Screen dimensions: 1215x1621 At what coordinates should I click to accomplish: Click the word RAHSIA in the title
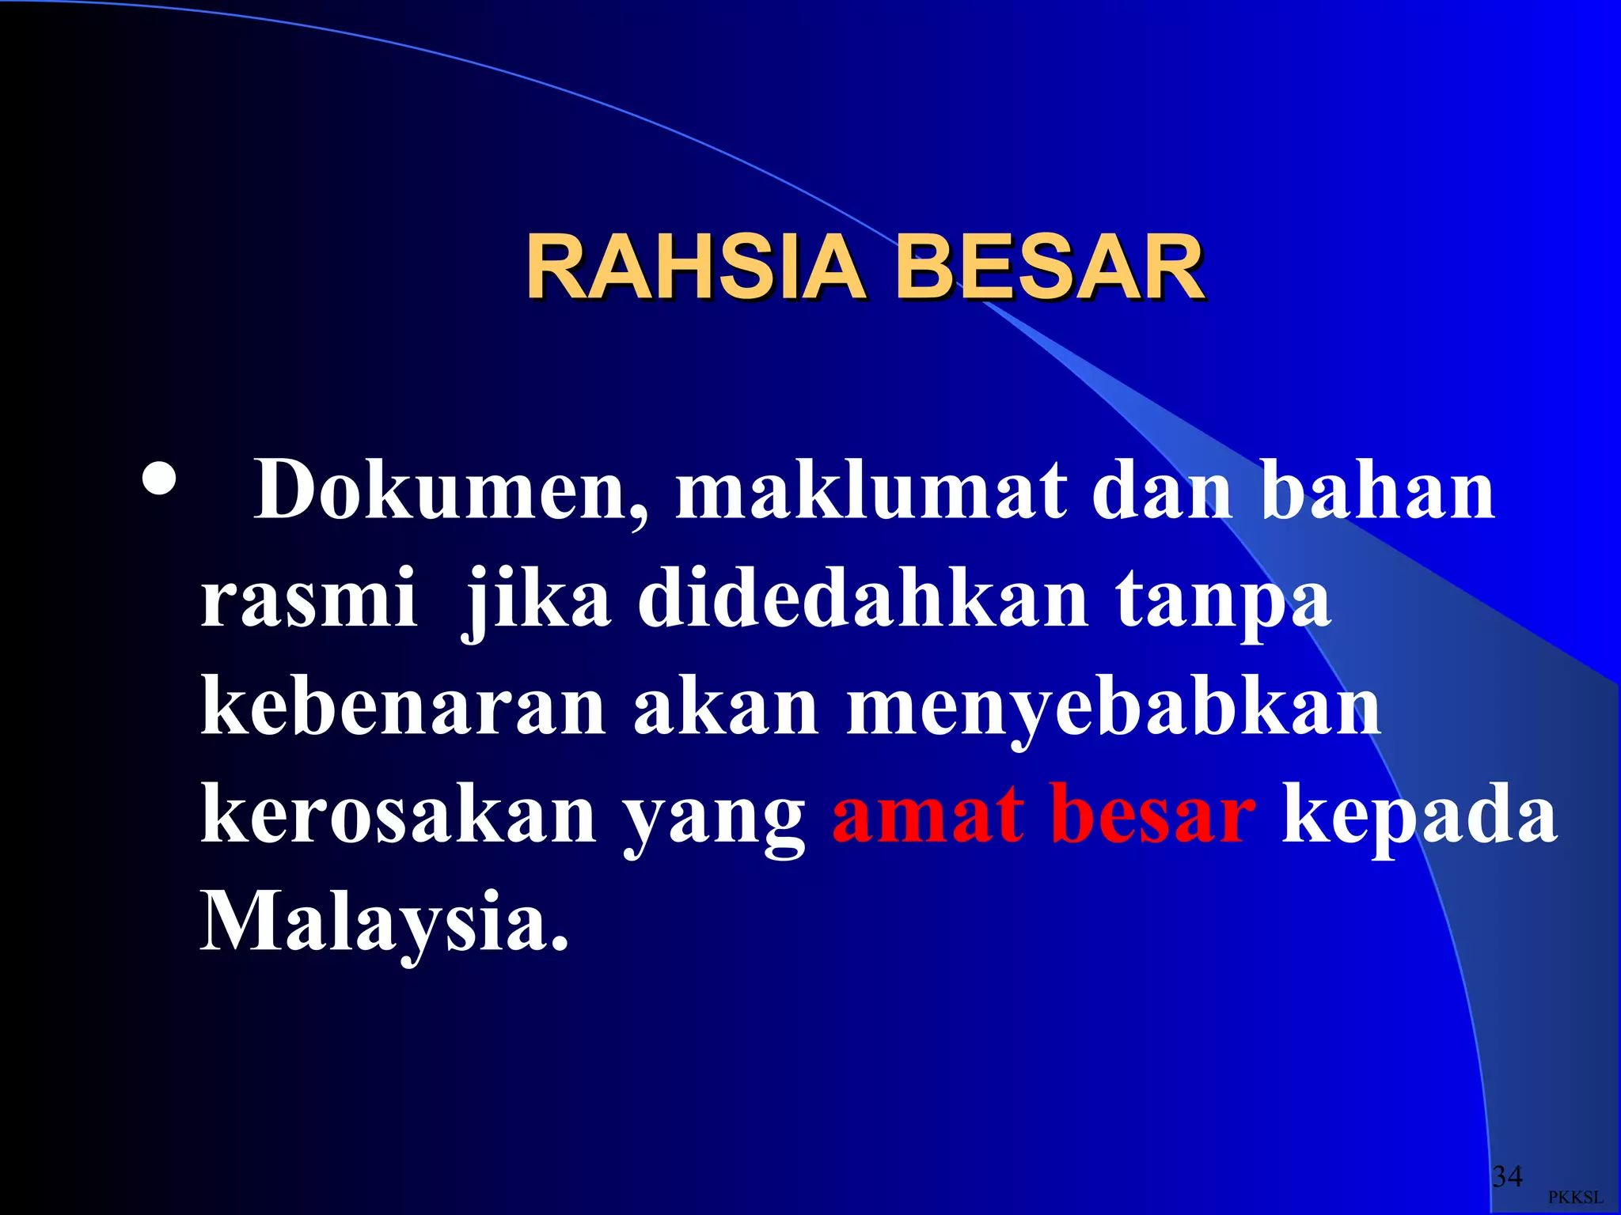(695, 268)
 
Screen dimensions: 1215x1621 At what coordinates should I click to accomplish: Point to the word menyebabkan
(1114, 708)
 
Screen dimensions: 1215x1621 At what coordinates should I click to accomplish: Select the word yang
(713, 819)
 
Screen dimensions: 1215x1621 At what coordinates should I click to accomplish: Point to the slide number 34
(1507, 1176)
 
